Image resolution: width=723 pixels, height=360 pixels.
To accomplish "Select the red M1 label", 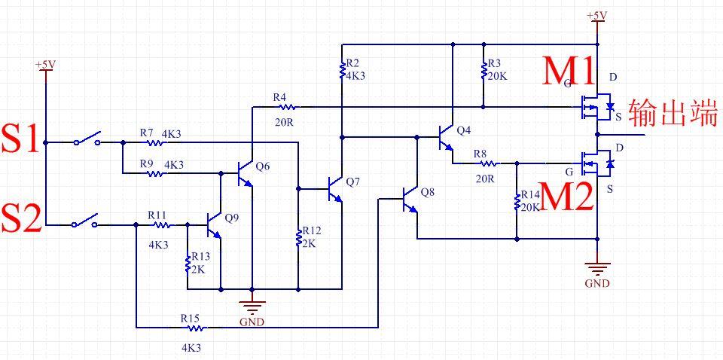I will coord(569,72).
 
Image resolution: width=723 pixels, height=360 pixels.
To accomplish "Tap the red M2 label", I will coord(567,197).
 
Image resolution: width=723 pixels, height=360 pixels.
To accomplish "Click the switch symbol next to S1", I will coord(89,140).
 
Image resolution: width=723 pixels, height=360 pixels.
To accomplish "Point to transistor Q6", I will coord(246,173).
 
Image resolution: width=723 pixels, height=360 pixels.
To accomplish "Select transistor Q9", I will coord(215,224).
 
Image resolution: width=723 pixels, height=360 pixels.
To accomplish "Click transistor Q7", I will coord(336,188).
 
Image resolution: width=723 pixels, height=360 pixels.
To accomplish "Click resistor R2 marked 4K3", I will coord(342,71).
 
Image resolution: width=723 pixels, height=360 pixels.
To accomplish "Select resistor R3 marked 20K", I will coord(483,71).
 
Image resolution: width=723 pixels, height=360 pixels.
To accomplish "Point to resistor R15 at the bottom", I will coord(194,328).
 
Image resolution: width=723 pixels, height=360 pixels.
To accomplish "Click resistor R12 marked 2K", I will coord(298,237).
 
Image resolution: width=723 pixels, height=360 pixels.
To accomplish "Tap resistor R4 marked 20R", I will coord(285,107).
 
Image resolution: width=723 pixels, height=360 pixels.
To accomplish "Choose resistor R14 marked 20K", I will coord(517,201).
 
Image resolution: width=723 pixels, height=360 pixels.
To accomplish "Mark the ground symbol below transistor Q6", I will coord(252,306).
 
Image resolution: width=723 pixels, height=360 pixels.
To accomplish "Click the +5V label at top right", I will coord(596,15).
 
